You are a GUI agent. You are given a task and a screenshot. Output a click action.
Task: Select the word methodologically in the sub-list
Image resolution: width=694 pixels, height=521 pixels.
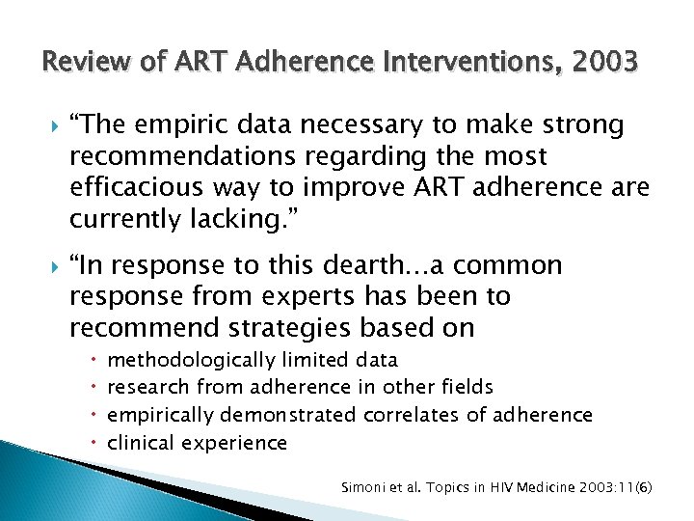point(191,360)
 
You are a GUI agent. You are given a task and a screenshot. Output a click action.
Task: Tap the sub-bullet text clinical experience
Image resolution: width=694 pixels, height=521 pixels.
point(198,443)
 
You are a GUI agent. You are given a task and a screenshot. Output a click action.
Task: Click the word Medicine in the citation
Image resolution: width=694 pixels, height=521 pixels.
point(534,488)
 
